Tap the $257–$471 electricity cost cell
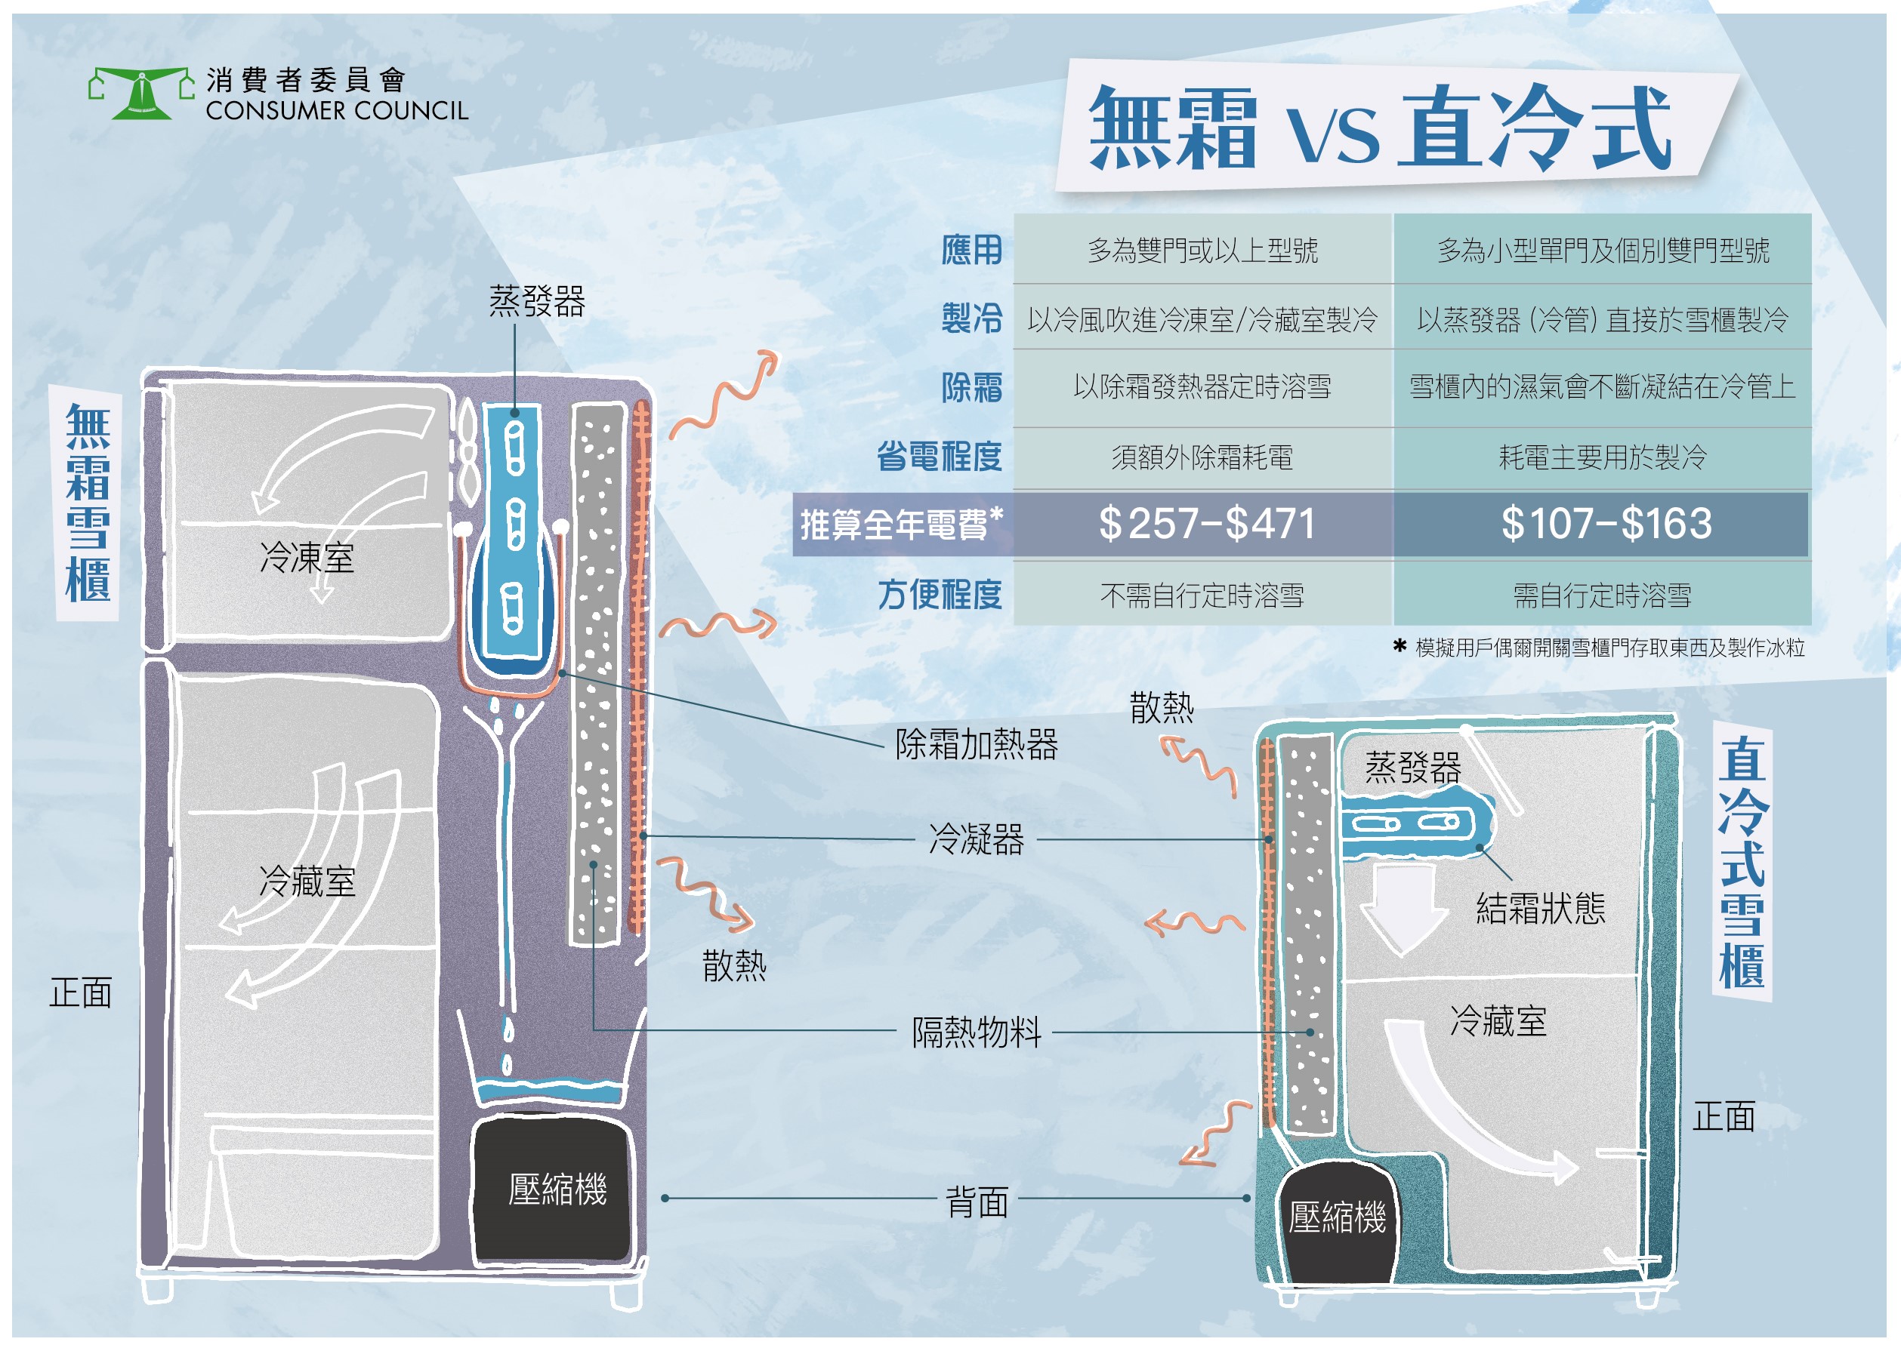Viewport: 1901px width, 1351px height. (x=1205, y=524)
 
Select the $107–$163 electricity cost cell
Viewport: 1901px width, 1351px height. (x=1605, y=524)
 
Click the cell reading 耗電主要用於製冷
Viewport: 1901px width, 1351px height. (x=1601, y=457)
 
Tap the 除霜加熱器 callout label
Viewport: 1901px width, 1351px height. (x=976, y=744)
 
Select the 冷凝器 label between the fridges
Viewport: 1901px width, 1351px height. (x=976, y=839)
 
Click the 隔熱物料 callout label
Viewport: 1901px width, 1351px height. (x=976, y=1032)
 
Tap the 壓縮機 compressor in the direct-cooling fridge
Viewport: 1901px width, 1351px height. (x=1336, y=1218)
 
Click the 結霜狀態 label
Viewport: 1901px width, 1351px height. (x=1540, y=909)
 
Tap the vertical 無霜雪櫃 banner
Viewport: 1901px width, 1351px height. (x=88, y=503)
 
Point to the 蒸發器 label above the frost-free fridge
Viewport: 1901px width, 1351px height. (x=537, y=301)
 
